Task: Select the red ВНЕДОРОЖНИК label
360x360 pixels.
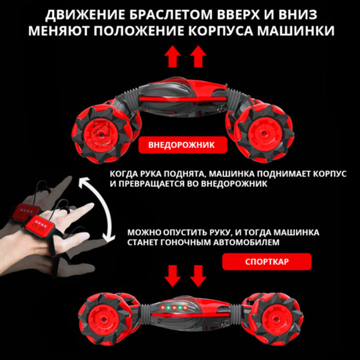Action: [x=183, y=145]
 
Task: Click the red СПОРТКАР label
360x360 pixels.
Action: [x=267, y=261]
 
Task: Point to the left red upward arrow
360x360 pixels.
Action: [x=173, y=57]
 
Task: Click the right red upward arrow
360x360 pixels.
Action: [x=198, y=57]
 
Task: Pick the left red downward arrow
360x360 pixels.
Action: [x=173, y=276]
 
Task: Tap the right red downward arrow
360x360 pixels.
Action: [x=198, y=276]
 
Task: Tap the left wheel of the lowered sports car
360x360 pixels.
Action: [x=105, y=319]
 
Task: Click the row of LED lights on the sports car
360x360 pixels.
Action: [x=174, y=307]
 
